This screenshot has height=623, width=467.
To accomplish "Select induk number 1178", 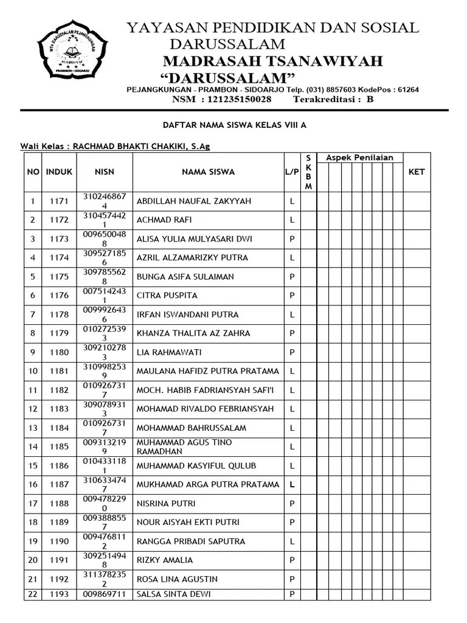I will [x=59, y=315].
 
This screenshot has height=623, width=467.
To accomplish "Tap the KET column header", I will [x=417, y=172].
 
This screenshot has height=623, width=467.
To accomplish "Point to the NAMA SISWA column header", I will [x=208, y=172].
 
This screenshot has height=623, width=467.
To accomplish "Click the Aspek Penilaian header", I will [x=359, y=158].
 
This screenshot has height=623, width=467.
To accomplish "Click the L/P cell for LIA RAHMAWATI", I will [x=292, y=352].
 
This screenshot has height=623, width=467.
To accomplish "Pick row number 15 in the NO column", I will [x=33, y=466].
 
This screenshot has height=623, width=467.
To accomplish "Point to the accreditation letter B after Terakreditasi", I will [x=370, y=99].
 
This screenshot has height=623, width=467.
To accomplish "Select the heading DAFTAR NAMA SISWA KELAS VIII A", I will [x=234, y=125].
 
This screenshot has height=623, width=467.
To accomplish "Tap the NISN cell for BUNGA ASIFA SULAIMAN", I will [x=105, y=277].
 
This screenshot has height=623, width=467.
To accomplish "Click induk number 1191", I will [x=59, y=560].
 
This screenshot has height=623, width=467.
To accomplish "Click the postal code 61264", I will [x=405, y=89].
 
